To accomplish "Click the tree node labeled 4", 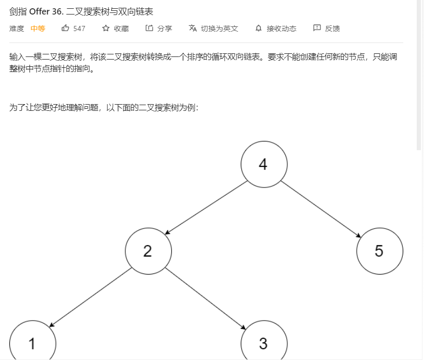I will tap(264, 165).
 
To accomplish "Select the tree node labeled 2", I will tap(148, 251).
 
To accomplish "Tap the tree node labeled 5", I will tap(379, 251).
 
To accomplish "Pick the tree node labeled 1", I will tap(32, 343).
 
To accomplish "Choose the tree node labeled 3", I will tap(264, 343).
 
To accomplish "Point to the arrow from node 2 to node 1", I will tap(90, 297).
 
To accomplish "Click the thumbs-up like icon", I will tap(65, 28).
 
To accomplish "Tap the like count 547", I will tap(79, 28).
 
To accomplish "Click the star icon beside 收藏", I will tap(106, 28).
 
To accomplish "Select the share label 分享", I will tap(165, 28).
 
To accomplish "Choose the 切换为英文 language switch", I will tap(219, 28).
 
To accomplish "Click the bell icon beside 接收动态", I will tap(259, 28).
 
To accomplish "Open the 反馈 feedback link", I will tap(332, 28).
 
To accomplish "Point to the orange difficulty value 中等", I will tap(38, 28).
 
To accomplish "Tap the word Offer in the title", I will tap(37, 11).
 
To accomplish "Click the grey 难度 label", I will tap(17, 28).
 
